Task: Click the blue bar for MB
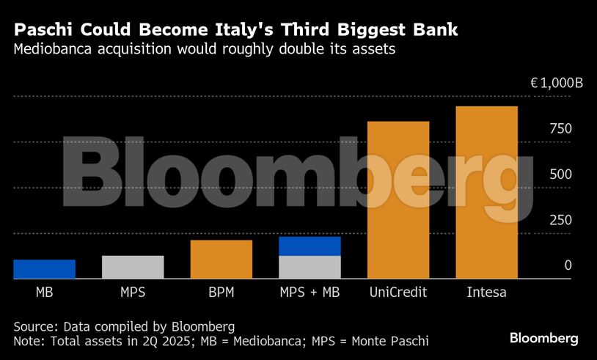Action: click(44, 269)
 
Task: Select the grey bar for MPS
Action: click(133, 267)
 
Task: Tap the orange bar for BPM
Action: click(221, 260)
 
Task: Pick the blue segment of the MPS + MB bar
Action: click(310, 246)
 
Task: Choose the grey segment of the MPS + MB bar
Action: click(310, 267)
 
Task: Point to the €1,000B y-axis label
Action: click(557, 84)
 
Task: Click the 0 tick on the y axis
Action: click(568, 265)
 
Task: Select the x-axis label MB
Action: click(44, 292)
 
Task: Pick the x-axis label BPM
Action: click(221, 292)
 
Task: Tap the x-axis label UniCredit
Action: click(398, 292)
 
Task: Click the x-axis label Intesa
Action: click(486, 292)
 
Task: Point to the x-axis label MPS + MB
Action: click(310, 292)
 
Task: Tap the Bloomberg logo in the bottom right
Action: click(544, 338)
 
